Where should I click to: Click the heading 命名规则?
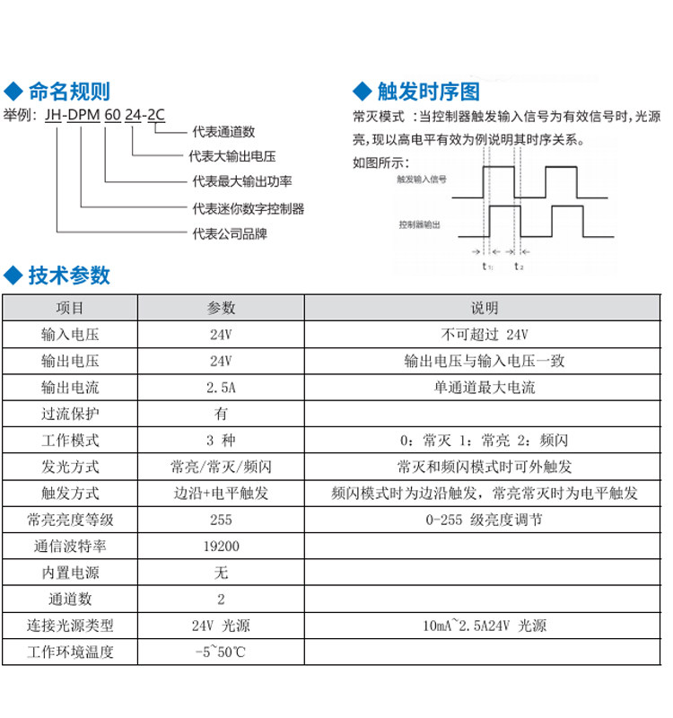69,91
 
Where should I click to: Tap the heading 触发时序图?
428,91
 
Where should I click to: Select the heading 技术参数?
69,276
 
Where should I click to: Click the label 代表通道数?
224,132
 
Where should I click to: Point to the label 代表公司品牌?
230,234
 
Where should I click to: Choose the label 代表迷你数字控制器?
249,209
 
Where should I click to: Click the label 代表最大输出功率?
242,183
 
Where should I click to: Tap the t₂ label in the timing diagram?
519,267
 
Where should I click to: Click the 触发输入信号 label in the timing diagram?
422,179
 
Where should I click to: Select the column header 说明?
484,308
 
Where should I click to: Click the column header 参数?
221,308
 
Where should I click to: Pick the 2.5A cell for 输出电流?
221,388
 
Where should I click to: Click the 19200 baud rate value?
221,546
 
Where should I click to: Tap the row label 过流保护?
70,414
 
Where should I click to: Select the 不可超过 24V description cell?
484,335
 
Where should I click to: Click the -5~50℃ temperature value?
221,652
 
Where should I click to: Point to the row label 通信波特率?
70,546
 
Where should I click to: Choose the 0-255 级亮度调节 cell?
484,520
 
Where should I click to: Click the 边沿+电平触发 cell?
221,493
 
